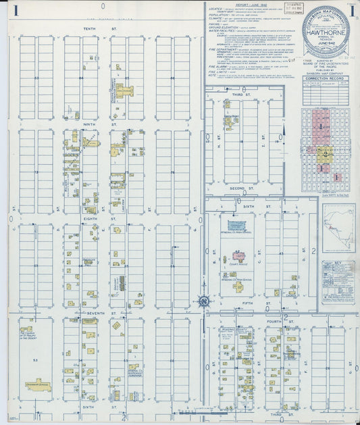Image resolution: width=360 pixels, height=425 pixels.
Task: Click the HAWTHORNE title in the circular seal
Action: click(x=326, y=40)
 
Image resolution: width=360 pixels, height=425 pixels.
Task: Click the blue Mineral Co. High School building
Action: click(x=237, y=226)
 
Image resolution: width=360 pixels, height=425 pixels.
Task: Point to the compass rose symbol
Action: click(x=203, y=301)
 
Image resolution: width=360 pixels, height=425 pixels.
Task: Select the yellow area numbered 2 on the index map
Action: click(x=326, y=154)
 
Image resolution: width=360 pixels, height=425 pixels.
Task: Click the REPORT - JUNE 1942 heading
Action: click(x=238, y=5)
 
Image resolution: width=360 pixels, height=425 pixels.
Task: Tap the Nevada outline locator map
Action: click(x=338, y=228)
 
